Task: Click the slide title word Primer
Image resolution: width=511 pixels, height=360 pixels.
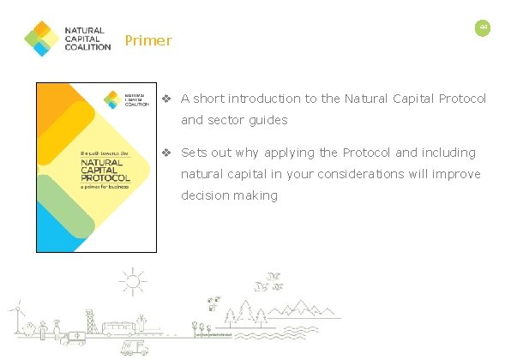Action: [x=148, y=40]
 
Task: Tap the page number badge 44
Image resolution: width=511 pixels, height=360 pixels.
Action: [x=483, y=28]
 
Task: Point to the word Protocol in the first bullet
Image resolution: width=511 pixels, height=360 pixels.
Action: [x=461, y=99]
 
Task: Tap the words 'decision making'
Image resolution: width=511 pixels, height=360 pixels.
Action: [x=229, y=195]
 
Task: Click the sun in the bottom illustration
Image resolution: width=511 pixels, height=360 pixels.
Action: [x=133, y=282]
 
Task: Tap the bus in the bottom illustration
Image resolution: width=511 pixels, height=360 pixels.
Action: [x=119, y=328]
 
